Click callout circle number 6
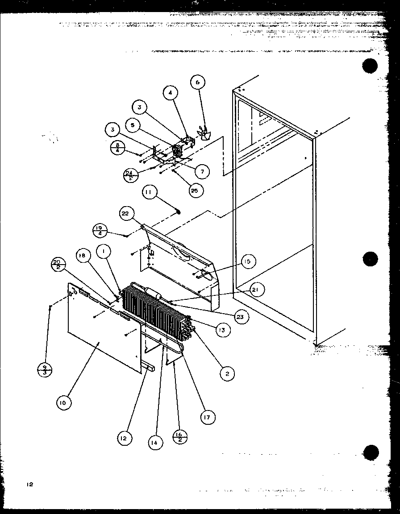(x=198, y=83)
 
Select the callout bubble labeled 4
(x=170, y=93)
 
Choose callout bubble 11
(x=150, y=193)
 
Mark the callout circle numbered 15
(x=249, y=262)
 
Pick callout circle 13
(x=222, y=330)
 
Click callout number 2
(x=227, y=374)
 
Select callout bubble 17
(x=208, y=417)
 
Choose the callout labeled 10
(x=64, y=403)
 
